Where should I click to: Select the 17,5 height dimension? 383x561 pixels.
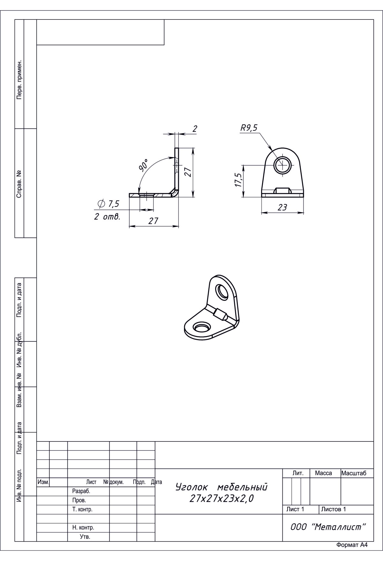(x=238, y=180)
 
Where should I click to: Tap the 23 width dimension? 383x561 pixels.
(x=282, y=208)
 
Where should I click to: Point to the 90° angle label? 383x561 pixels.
(x=144, y=164)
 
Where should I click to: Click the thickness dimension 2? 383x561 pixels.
(x=195, y=129)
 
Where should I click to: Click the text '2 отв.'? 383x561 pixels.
(x=107, y=217)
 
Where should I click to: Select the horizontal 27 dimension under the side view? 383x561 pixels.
(x=154, y=221)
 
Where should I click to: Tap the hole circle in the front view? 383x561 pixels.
(x=282, y=165)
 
